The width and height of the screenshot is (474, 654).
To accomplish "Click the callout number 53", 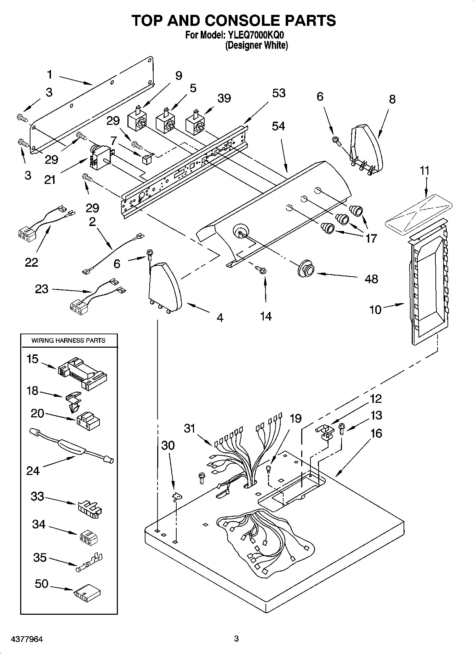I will [x=279, y=93].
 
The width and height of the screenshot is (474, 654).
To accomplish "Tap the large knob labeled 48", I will [x=306, y=270].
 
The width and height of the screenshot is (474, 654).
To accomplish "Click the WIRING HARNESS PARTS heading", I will [x=68, y=340].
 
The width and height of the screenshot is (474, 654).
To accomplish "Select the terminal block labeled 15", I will [x=82, y=374].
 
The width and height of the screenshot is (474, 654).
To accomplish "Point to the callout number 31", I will [x=190, y=428].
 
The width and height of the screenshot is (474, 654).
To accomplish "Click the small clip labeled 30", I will [x=175, y=497].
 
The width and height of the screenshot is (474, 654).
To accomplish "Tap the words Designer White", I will [x=257, y=45].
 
